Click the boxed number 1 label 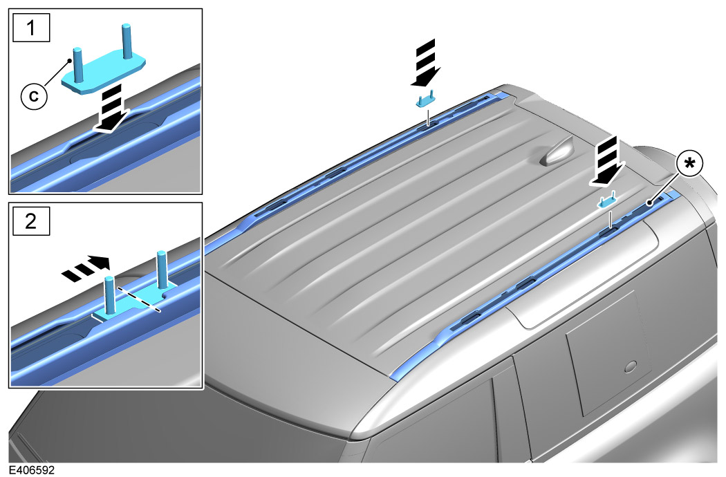(x=31, y=28)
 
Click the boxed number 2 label (x=31, y=221)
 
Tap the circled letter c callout (x=34, y=96)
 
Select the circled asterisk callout (x=689, y=165)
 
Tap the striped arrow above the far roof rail (x=425, y=63)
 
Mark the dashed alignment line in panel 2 (x=138, y=299)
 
